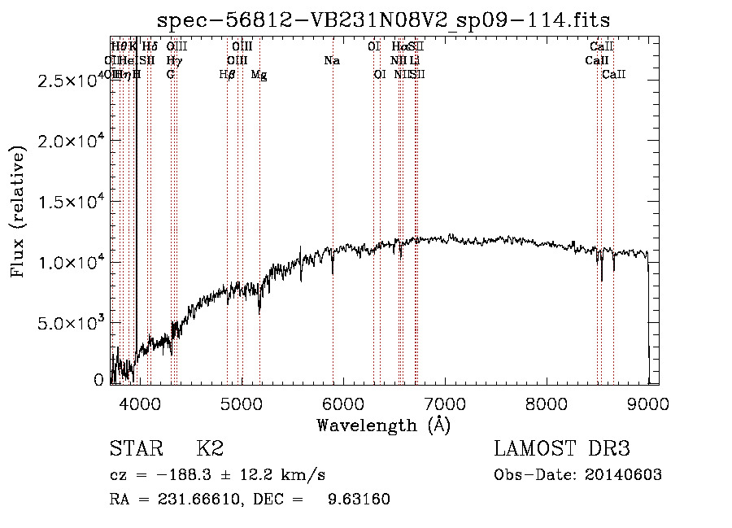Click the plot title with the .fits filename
pyautogui.click(x=383, y=20)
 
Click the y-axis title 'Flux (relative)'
pyautogui.click(x=18, y=211)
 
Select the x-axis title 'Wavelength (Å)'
pyautogui.click(x=383, y=425)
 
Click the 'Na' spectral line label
pyautogui.click(x=331, y=60)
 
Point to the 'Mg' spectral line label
pyautogui.click(x=259, y=75)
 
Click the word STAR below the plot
pyautogui.click(x=135, y=449)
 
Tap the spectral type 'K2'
pyautogui.click(x=210, y=449)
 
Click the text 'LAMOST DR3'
pyautogui.click(x=562, y=449)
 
